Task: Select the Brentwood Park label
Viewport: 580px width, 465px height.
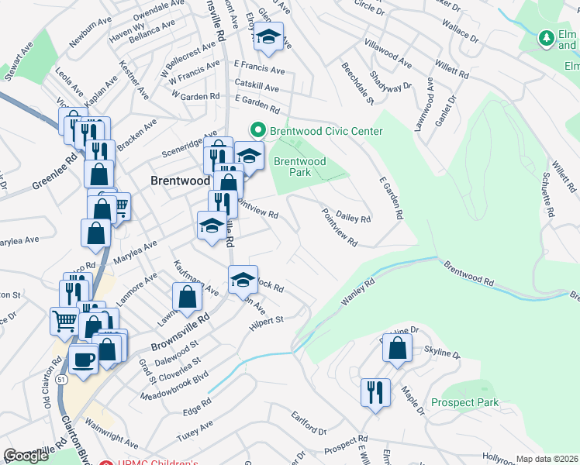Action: pyautogui.click(x=300, y=167)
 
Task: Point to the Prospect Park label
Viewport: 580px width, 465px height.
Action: pyautogui.click(x=465, y=402)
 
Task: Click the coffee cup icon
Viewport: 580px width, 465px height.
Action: pyautogui.click(x=84, y=359)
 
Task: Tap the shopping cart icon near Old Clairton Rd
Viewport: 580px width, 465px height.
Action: pyautogui.click(x=64, y=320)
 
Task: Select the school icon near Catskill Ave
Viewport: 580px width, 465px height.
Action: pyautogui.click(x=269, y=36)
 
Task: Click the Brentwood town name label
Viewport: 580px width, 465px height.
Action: pyautogui.click(x=179, y=180)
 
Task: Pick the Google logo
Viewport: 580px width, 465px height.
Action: pyautogui.click(x=26, y=456)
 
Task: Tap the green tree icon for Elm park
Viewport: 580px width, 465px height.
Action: pyautogui.click(x=547, y=37)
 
